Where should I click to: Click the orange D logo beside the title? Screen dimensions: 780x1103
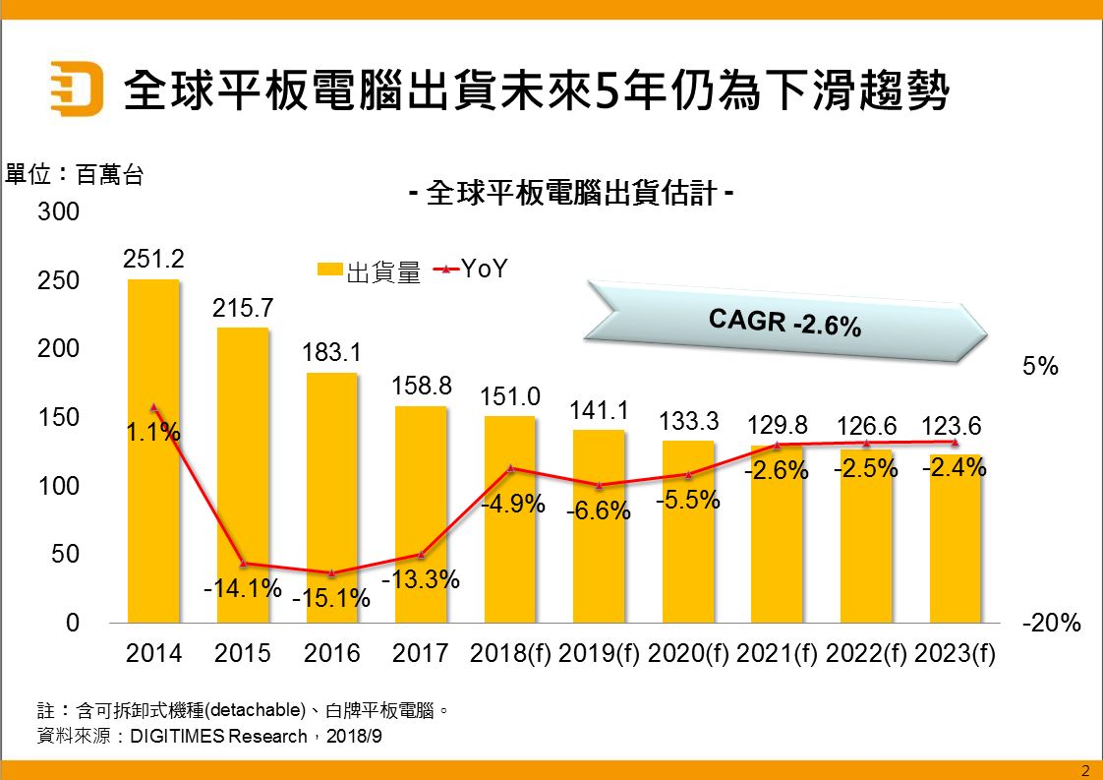point(77,89)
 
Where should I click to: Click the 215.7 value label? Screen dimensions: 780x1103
point(243,308)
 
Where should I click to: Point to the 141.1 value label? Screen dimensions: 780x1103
point(600,409)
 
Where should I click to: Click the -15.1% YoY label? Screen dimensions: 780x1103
point(331,597)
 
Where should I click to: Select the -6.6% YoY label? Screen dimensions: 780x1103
point(600,510)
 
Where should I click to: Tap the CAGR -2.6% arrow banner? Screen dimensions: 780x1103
point(786,321)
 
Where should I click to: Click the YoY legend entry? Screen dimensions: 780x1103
point(472,269)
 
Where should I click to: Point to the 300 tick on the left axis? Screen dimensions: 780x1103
point(58,212)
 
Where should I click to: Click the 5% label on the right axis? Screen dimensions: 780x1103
point(1041,367)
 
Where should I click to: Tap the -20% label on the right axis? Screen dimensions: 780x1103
point(1052,623)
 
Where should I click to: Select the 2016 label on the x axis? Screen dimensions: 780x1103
point(332,653)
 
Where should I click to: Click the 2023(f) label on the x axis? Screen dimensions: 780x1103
point(955,653)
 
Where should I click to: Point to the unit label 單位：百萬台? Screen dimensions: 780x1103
point(75,176)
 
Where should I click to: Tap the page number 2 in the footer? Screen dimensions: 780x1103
point(1085,770)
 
